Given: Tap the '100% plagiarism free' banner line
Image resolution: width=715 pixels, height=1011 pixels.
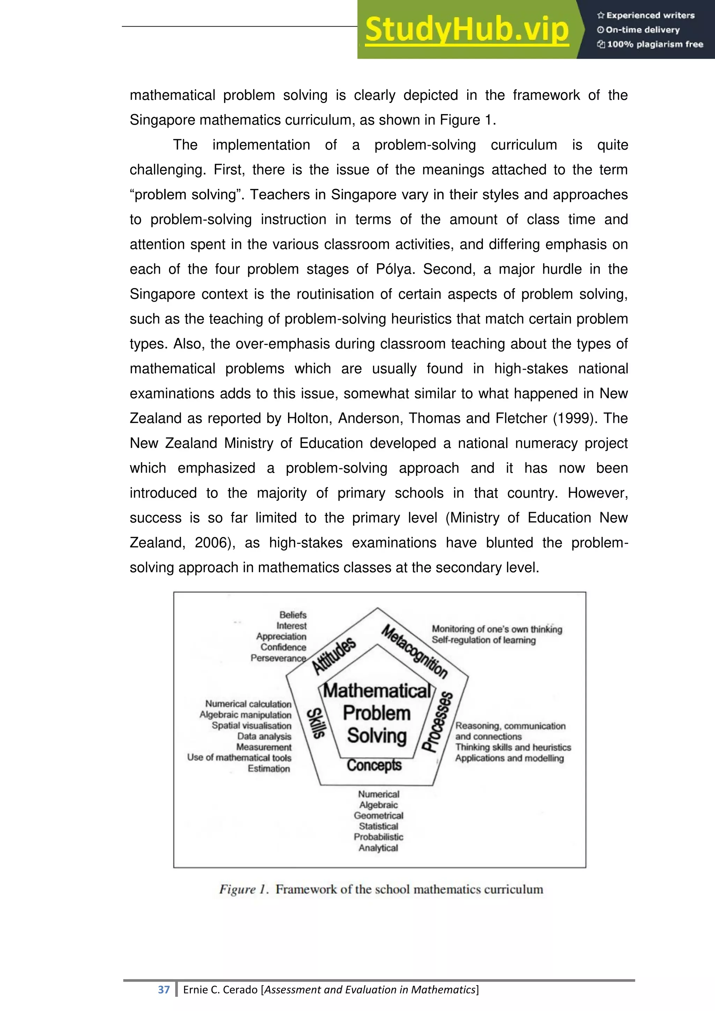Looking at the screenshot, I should click(650, 44).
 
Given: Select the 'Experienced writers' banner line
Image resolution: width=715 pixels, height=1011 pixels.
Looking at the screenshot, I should click(646, 15).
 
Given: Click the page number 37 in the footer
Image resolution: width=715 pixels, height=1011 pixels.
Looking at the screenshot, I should click(164, 989).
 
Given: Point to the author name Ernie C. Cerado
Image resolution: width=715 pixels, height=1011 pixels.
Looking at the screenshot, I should click(220, 989).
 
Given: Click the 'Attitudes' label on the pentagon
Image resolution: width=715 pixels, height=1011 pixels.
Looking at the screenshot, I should click(334, 656).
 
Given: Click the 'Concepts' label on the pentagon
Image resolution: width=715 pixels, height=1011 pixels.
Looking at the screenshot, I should click(374, 765).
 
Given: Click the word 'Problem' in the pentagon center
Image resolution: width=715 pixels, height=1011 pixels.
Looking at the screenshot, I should click(376, 713).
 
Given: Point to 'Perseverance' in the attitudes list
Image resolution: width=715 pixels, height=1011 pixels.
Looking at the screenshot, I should click(278, 658).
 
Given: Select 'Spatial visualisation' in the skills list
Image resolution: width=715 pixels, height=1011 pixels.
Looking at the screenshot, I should click(251, 725).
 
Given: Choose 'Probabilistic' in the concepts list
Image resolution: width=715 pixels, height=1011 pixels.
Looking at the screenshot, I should click(378, 837).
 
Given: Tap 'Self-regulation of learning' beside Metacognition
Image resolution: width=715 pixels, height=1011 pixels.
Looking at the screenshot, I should click(484, 640).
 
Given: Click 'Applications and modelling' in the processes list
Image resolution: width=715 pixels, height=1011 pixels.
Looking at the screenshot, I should click(509, 758).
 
